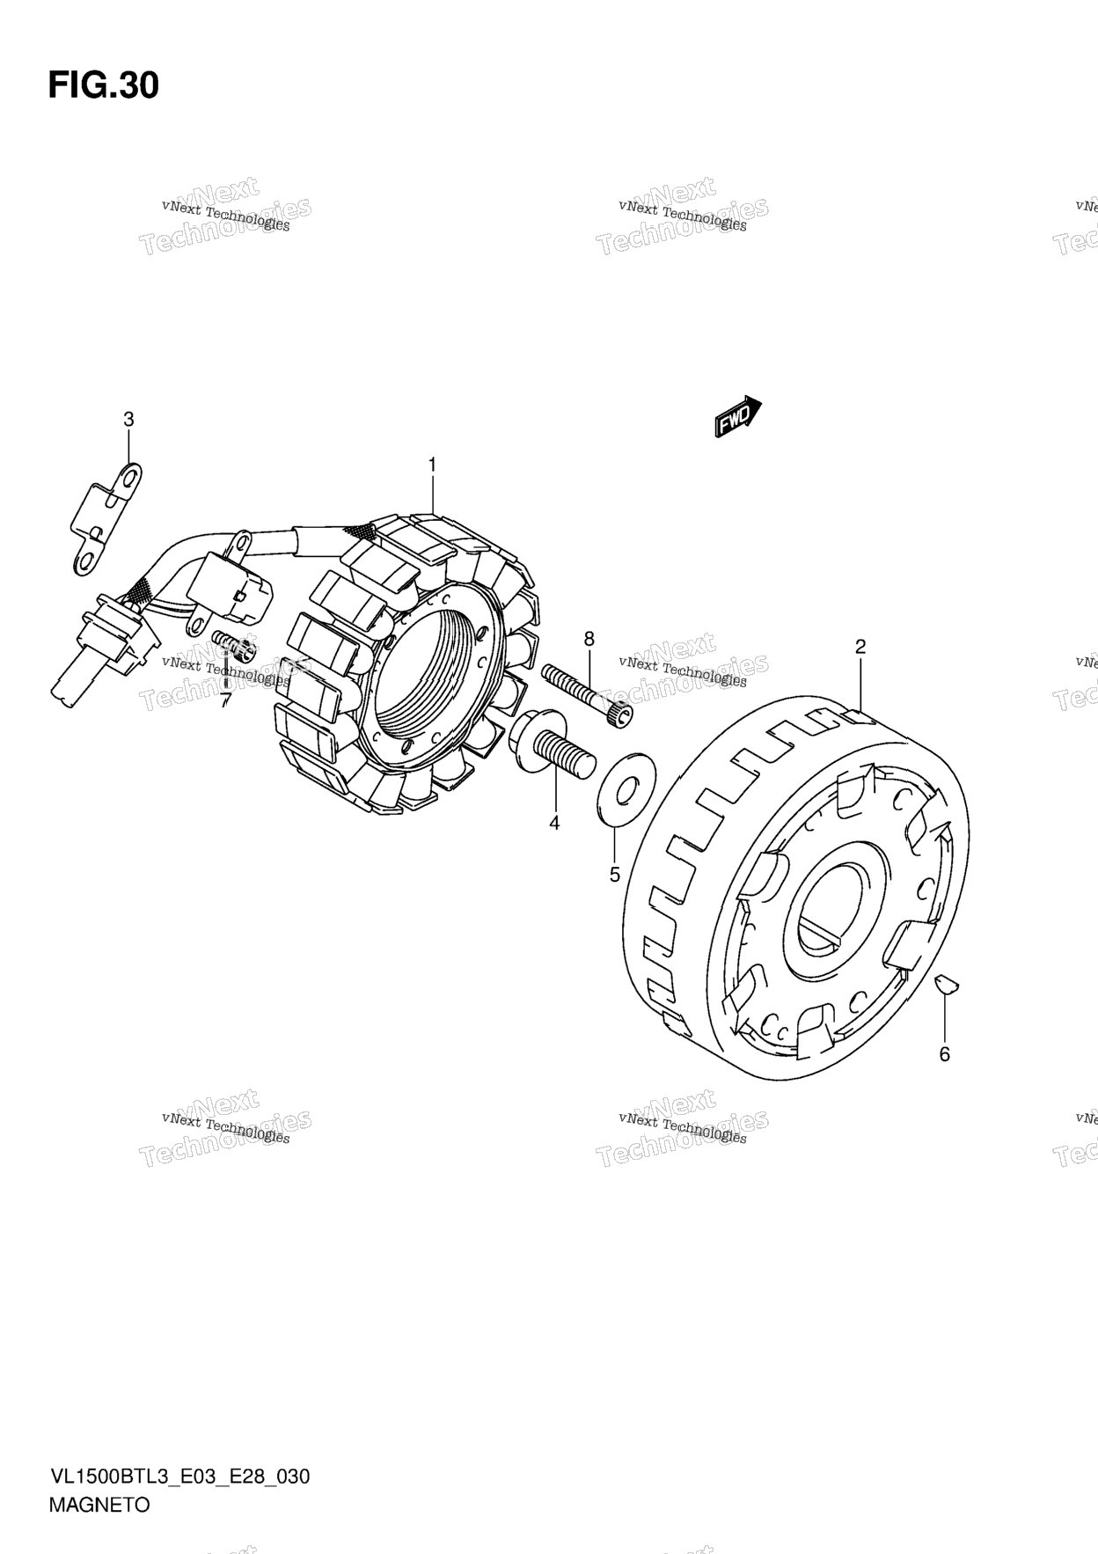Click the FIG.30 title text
click(x=103, y=85)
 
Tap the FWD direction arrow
click(x=737, y=415)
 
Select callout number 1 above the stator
click(x=432, y=464)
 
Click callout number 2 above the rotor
click(x=860, y=647)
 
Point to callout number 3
click(x=128, y=420)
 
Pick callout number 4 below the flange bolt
click(x=554, y=823)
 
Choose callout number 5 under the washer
click(x=615, y=875)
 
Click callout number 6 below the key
click(x=945, y=1053)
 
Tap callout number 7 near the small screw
click(x=225, y=700)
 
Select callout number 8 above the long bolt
click(x=589, y=638)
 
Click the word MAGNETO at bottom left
click(x=99, y=1504)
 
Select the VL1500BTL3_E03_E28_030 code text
click(x=179, y=1476)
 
